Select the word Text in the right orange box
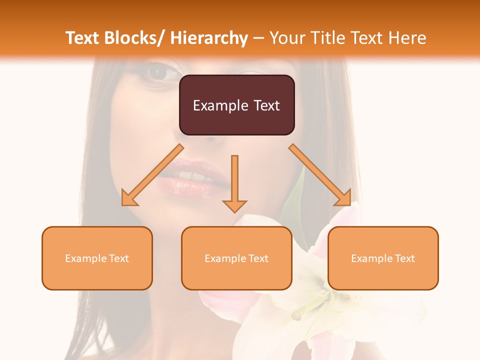(404, 258)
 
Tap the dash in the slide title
(258, 38)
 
